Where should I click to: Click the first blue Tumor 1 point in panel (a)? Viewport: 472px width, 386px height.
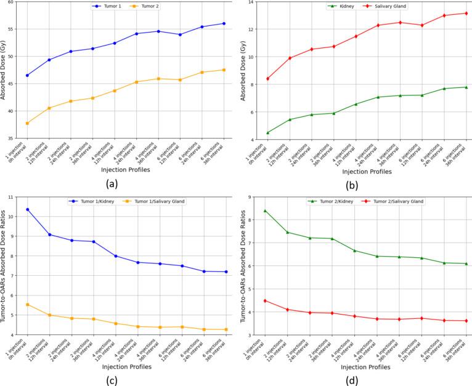click(x=27, y=75)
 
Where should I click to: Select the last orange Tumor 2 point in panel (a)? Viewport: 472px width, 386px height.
click(x=224, y=70)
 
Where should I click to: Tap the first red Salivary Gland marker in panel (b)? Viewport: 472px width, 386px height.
click(x=267, y=78)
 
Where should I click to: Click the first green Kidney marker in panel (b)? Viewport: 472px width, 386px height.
click(x=267, y=132)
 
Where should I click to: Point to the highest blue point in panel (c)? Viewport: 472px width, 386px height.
click(x=27, y=209)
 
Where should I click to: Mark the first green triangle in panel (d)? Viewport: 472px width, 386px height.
click(x=265, y=211)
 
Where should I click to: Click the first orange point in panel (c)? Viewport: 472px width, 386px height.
click(x=27, y=305)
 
